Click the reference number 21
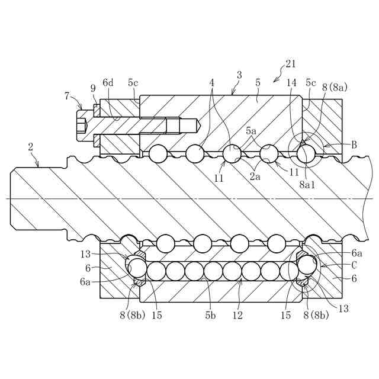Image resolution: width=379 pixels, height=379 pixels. (x=290, y=64)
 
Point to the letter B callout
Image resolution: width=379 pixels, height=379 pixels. (x=354, y=144)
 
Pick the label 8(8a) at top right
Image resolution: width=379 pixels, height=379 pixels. (x=335, y=87)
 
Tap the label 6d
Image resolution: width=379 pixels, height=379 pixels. (x=108, y=83)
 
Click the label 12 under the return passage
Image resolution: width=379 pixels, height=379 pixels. (x=237, y=316)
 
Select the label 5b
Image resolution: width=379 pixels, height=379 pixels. (x=210, y=316)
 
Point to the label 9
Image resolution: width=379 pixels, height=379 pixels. (x=93, y=88)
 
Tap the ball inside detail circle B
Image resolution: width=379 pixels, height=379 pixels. (x=306, y=154)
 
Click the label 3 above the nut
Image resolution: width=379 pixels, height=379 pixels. (x=239, y=75)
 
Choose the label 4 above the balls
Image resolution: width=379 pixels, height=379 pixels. (x=211, y=83)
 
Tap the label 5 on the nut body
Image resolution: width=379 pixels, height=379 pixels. (x=257, y=83)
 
